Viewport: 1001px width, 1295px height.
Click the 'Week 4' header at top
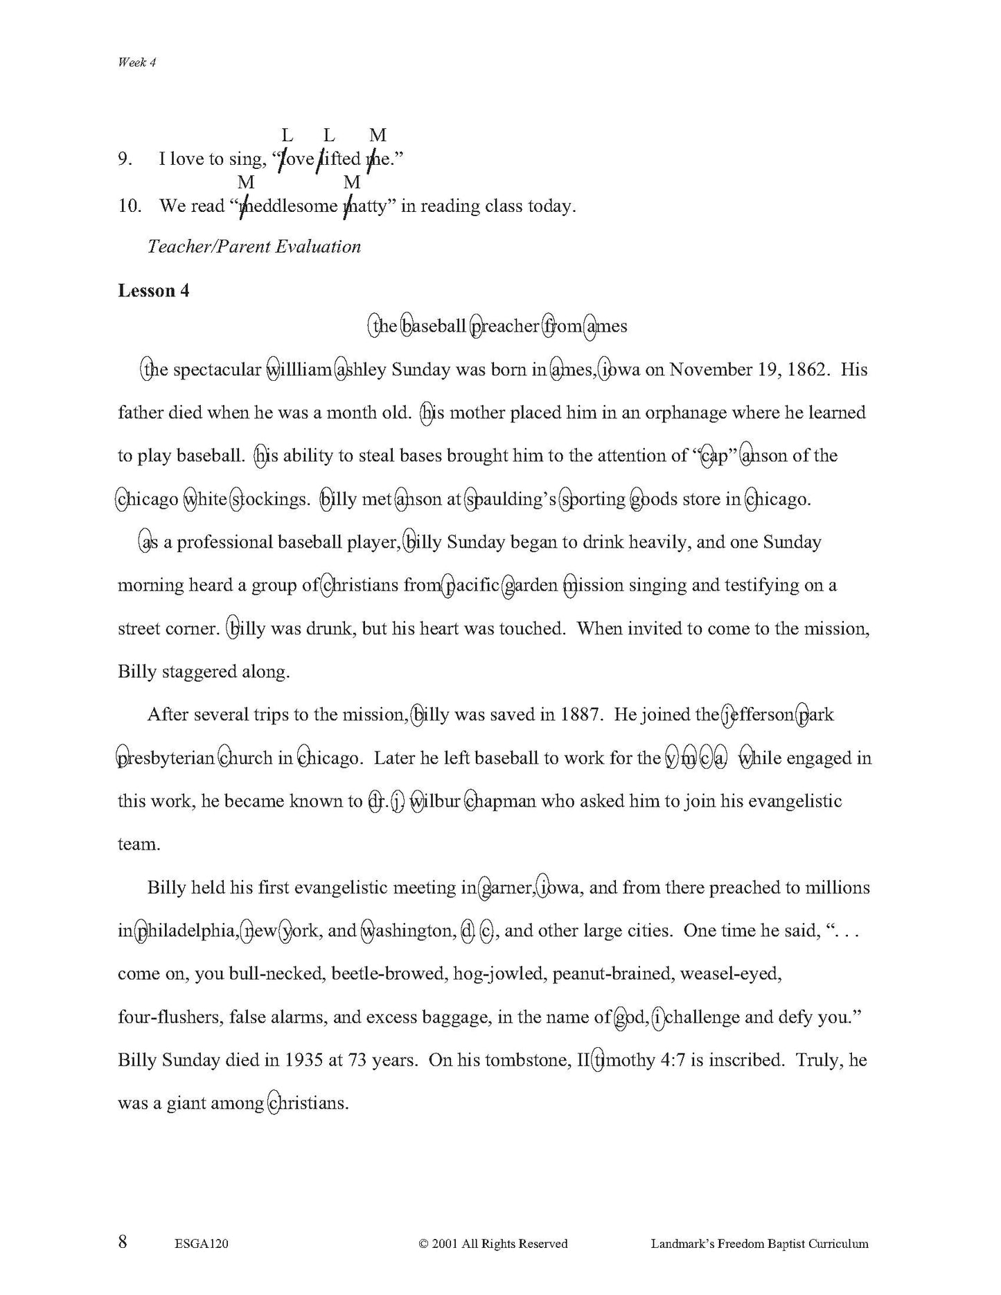137,62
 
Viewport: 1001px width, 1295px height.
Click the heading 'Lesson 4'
153,291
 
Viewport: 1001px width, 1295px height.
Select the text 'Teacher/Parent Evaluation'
254,247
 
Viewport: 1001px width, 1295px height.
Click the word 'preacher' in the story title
505,326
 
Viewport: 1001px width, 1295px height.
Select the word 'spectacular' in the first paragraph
216,369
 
